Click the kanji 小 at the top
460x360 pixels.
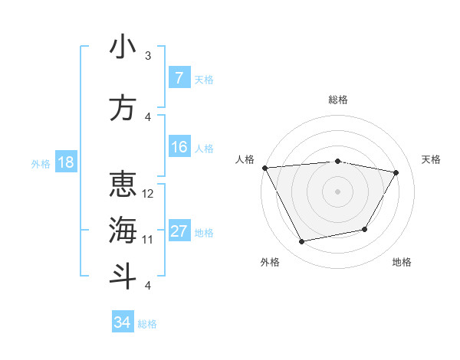(123, 47)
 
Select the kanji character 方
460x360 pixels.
(123, 108)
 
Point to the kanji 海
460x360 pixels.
(123, 231)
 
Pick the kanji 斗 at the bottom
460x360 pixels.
(123, 277)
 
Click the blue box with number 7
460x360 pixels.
(179, 78)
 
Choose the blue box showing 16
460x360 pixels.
(179, 147)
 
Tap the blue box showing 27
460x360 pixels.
(179, 231)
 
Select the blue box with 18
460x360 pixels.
(65, 162)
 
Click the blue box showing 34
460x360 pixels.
(122, 322)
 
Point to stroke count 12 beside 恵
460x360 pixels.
(149, 194)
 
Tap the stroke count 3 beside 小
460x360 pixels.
(148, 56)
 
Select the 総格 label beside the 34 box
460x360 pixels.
(147, 324)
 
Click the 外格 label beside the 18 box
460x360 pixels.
(41, 163)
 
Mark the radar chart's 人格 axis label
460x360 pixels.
(245, 159)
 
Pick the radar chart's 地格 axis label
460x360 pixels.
(402, 262)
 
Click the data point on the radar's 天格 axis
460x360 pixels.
(396, 172)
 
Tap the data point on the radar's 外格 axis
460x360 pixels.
(302, 241)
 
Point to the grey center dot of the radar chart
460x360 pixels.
(337, 191)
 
